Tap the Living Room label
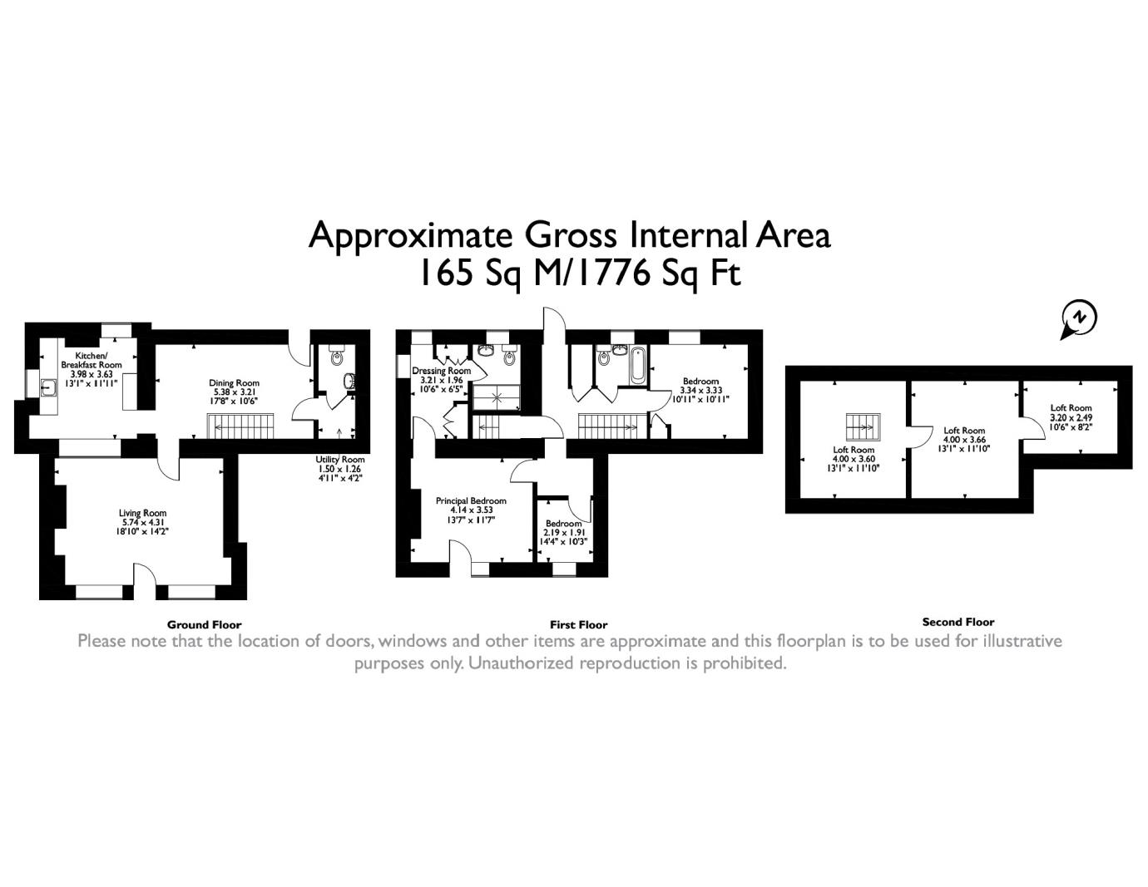coord(142,512)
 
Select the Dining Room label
coord(234,382)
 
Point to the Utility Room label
coord(339,459)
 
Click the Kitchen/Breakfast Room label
coord(91,360)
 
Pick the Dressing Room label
coord(441,371)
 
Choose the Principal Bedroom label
coord(471,500)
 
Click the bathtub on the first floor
coord(638,365)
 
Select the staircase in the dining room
coord(241,426)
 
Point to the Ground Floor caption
coord(204,625)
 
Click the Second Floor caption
coord(957,622)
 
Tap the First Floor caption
coord(578,625)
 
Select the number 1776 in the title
coord(613,273)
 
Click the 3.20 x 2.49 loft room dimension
coord(1071,416)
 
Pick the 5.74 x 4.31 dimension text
coord(142,522)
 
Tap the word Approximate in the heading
coord(410,235)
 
